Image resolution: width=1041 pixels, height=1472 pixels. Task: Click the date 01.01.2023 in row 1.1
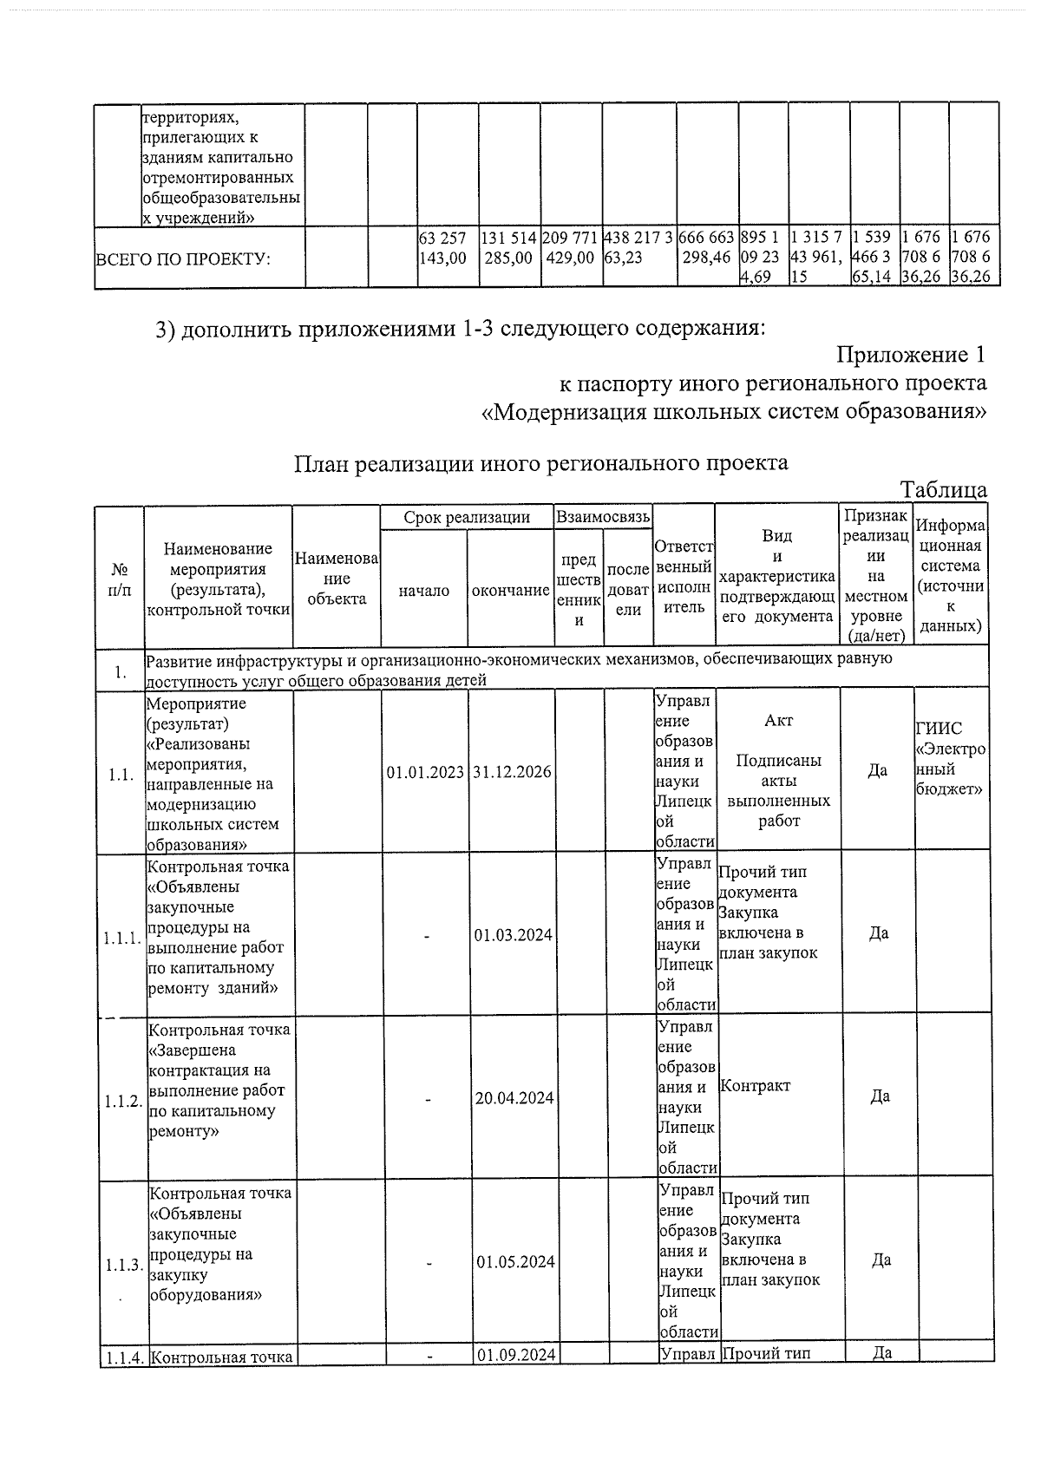(425, 772)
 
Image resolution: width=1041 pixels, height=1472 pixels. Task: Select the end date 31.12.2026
(512, 772)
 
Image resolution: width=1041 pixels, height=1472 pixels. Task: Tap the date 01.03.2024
(514, 935)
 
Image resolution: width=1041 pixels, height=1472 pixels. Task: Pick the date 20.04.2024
(514, 1098)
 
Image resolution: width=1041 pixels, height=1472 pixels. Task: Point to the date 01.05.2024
(514, 1261)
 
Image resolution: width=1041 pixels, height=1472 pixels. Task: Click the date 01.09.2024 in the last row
(515, 1355)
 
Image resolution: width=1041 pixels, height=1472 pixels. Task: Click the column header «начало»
(424, 591)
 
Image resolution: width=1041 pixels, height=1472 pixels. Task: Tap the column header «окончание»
(511, 591)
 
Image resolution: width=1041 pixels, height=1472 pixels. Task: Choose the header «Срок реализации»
(467, 518)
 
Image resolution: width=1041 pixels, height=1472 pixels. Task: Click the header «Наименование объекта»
(337, 579)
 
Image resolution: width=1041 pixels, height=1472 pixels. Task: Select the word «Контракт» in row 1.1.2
(756, 1086)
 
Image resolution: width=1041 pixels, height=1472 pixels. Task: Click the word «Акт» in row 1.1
(778, 721)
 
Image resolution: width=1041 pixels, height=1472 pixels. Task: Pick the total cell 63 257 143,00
(442, 247)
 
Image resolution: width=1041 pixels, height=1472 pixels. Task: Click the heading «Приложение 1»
(911, 355)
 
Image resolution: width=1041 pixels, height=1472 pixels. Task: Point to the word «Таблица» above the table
(943, 490)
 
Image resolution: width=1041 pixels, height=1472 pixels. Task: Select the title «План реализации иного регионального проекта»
(541, 462)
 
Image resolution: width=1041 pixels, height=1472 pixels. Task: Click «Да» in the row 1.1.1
(878, 933)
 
